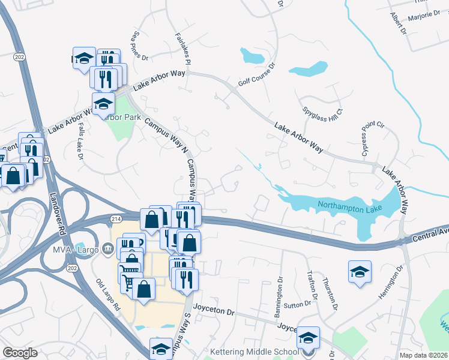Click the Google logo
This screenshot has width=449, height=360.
coord(20,353)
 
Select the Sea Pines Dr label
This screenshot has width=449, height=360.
coord(139,46)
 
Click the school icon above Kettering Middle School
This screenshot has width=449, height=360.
coord(309,338)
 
